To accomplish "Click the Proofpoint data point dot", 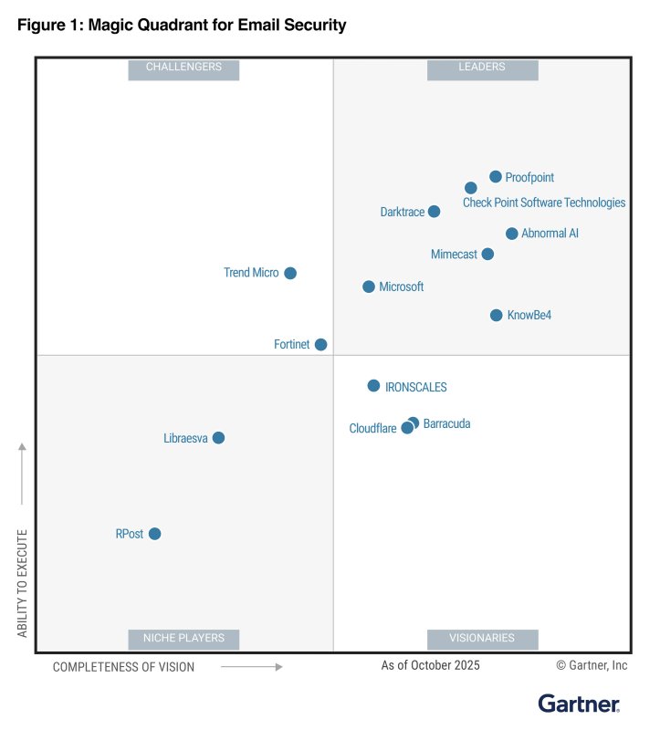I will [496, 177].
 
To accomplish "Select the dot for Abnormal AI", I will [512, 234].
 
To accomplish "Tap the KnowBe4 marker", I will [497, 315].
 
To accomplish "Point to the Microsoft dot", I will [369, 287].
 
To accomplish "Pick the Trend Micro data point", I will [290, 273].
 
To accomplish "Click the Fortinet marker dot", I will [320, 344].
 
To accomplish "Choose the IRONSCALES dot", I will [373, 386].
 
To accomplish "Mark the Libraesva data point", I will [218, 438].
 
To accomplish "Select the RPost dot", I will [155, 534].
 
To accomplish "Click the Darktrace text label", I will [402, 213].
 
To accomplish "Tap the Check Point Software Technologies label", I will [544, 203].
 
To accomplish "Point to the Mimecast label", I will [454, 255].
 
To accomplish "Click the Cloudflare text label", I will [372, 429].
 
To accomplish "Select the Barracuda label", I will [447, 424].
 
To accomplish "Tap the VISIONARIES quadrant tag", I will [482, 639].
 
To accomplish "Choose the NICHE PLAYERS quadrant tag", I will [183, 639].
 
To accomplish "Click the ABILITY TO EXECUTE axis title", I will [23, 582].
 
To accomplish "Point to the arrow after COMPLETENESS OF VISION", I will [251, 667].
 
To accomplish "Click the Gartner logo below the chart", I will [579, 704].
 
